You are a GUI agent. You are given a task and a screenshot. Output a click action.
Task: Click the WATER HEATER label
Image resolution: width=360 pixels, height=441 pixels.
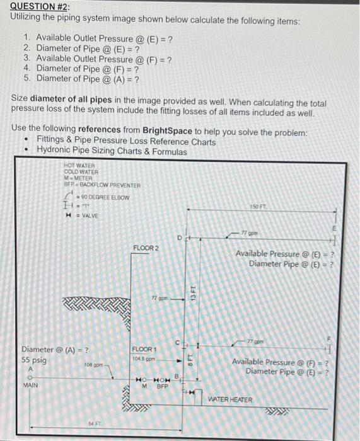tap(230, 399)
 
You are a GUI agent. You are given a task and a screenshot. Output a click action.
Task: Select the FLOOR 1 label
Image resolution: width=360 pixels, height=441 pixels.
tap(144, 348)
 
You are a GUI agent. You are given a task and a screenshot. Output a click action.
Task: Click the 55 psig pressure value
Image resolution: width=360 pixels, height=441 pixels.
tap(33, 360)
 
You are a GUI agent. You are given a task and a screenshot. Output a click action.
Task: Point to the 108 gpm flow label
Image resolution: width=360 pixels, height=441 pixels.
tap(93, 365)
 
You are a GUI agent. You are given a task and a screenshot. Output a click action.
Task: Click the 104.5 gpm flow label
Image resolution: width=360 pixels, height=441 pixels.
tap(145, 357)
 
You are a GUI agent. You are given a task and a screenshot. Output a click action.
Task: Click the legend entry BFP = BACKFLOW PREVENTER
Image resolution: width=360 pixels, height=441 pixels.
tap(102, 185)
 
